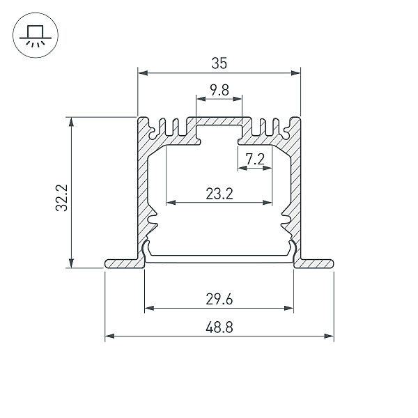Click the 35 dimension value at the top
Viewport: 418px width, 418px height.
click(219, 63)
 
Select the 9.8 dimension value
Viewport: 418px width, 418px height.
click(219, 90)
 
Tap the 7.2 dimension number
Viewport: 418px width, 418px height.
click(255, 160)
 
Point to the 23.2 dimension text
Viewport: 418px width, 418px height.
click(219, 194)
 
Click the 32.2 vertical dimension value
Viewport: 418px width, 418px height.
click(62, 198)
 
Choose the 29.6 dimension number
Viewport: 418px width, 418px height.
click(219, 299)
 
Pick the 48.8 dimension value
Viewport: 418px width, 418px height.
click(219, 327)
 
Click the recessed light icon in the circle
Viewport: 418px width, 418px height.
click(36, 36)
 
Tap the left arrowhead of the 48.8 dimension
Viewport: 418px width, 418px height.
click(110, 336)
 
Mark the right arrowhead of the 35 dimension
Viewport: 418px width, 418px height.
click(295, 72)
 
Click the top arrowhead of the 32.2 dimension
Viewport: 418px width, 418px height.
click(71, 121)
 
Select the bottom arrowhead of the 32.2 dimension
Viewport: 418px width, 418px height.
click(71, 263)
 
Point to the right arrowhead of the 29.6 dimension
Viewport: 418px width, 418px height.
click(288, 308)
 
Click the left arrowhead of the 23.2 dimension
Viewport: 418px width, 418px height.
click(171, 203)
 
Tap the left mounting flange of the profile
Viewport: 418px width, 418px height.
click(125, 263)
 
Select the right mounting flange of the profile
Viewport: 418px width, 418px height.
click(313, 263)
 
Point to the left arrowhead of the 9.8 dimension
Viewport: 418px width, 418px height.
click(201, 99)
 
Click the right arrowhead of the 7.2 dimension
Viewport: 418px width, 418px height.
click(268, 168)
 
